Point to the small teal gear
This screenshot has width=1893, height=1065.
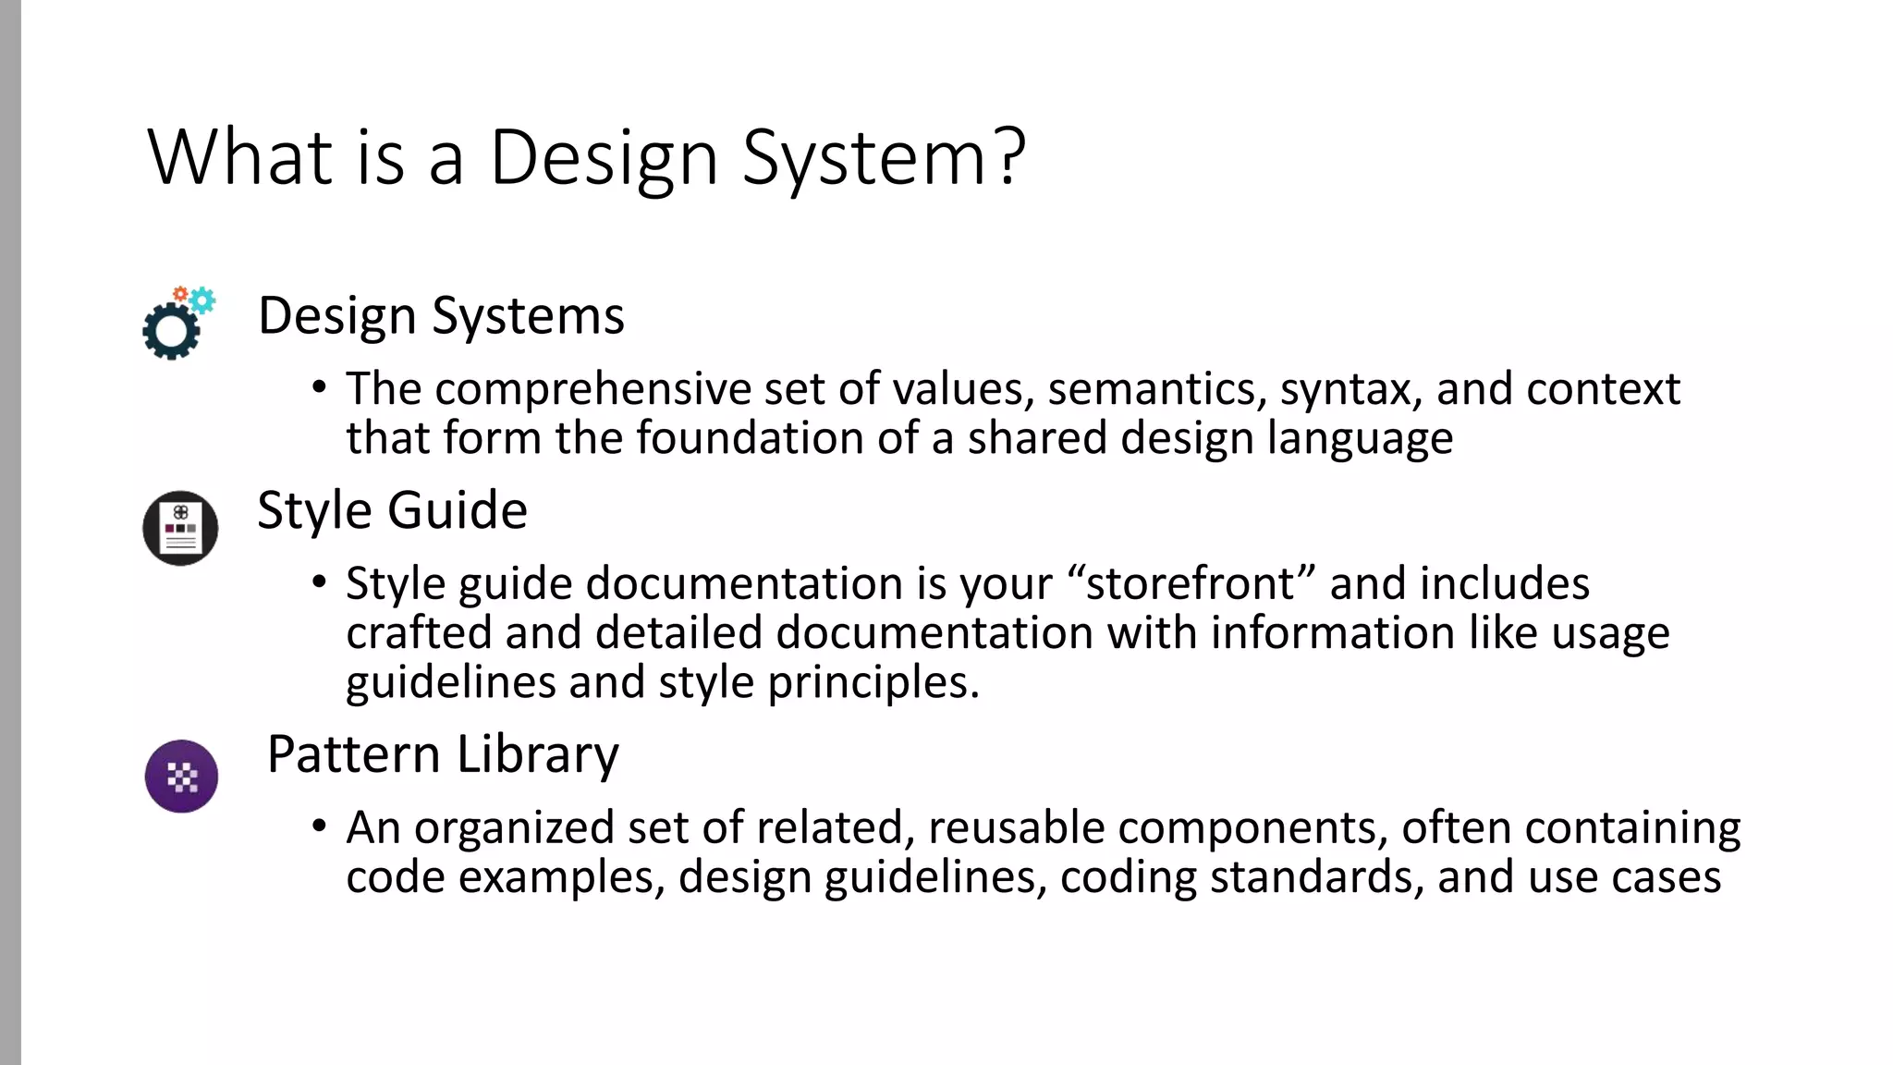click(x=202, y=300)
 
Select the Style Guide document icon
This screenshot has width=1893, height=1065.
click(x=181, y=528)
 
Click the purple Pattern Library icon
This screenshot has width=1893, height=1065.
click(x=181, y=777)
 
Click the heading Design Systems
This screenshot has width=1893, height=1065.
click(x=441, y=316)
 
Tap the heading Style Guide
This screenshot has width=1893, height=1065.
click(x=392, y=510)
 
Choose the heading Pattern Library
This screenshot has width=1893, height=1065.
click(x=443, y=754)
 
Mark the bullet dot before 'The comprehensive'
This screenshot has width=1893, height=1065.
click(x=319, y=387)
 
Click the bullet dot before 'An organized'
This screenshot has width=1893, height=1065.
click(x=319, y=826)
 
